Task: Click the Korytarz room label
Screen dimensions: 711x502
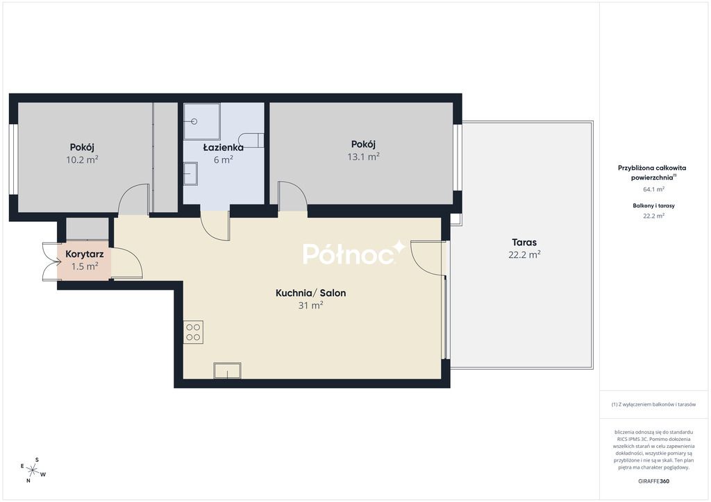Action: coord(84,254)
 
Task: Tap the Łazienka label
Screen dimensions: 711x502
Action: coord(223,147)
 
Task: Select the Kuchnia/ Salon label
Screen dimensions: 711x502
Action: coord(310,293)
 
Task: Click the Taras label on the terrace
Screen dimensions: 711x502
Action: coord(524,242)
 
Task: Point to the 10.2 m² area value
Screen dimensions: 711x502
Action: coord(82,159)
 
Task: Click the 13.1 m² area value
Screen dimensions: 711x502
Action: coord(363,157)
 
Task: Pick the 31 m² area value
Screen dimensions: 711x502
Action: coord(310,305)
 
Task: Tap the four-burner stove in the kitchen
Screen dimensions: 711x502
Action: coord(193,332)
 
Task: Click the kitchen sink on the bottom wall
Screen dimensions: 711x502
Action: coord(227,371)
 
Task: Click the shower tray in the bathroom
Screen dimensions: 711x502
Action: coord(202,121)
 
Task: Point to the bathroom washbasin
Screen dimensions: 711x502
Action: coord(190,174)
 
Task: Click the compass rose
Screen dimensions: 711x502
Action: coord(33,471)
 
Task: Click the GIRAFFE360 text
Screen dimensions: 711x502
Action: coord(653,481)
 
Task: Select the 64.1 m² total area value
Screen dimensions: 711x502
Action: coord(653,189)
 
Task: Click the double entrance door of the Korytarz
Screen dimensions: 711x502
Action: coord(51,261)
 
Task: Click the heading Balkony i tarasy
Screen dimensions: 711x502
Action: coord(653,205)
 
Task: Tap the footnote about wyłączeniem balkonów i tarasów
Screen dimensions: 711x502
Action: coord(653,404)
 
